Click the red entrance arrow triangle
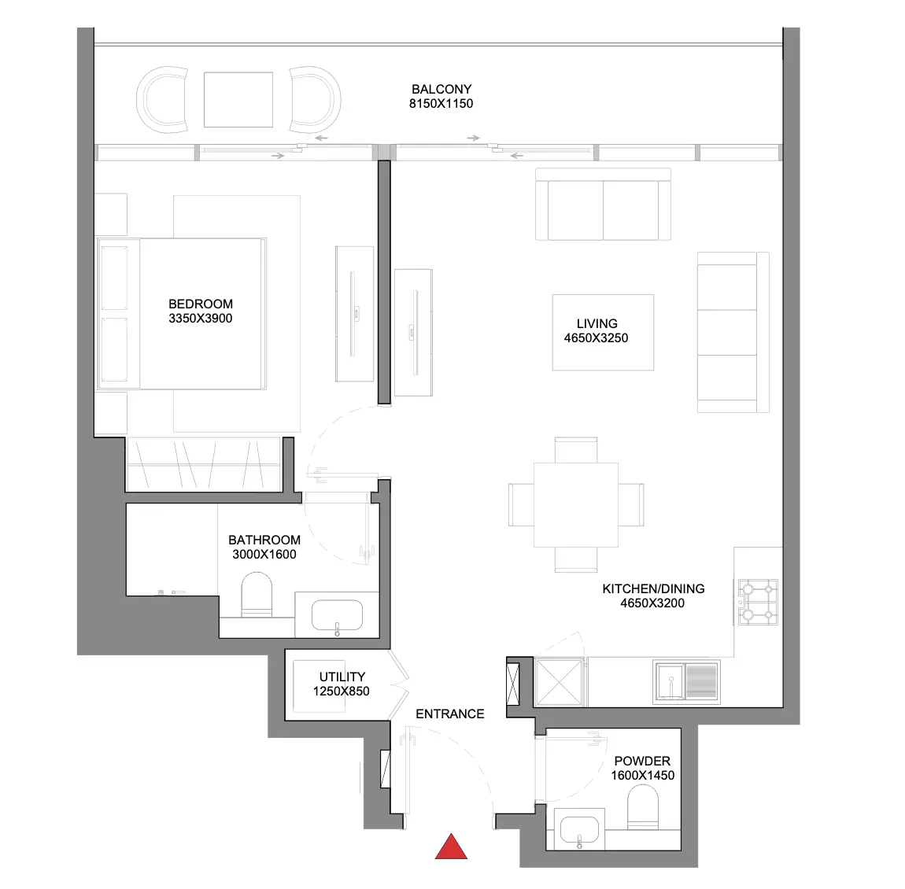click(x=451, y=847)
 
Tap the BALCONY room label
click(x=441, y=90)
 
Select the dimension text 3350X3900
click(x=200, y=319)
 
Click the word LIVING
click(x=597, y=323)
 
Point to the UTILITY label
click(x=342, y=677)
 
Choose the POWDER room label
click(x=642, y=761)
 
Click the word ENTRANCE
click(x=450, y=714)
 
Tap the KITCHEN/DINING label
click(x=653, y=588)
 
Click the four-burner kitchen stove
click(x=759, y=603)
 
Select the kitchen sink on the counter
click(x=687, y=682)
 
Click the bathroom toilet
click(x=257, y=595)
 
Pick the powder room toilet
click(x=642, y=808)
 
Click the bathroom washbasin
click(x=337, y=615)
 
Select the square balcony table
click(x=238, y=99)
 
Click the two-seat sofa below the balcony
click(x=603, y=205)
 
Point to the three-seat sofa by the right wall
click(x=733, y=332)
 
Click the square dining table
click(x=576, y=505)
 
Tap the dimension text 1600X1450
click(x=642, y=776)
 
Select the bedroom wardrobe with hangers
click(x=205, y=464)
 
